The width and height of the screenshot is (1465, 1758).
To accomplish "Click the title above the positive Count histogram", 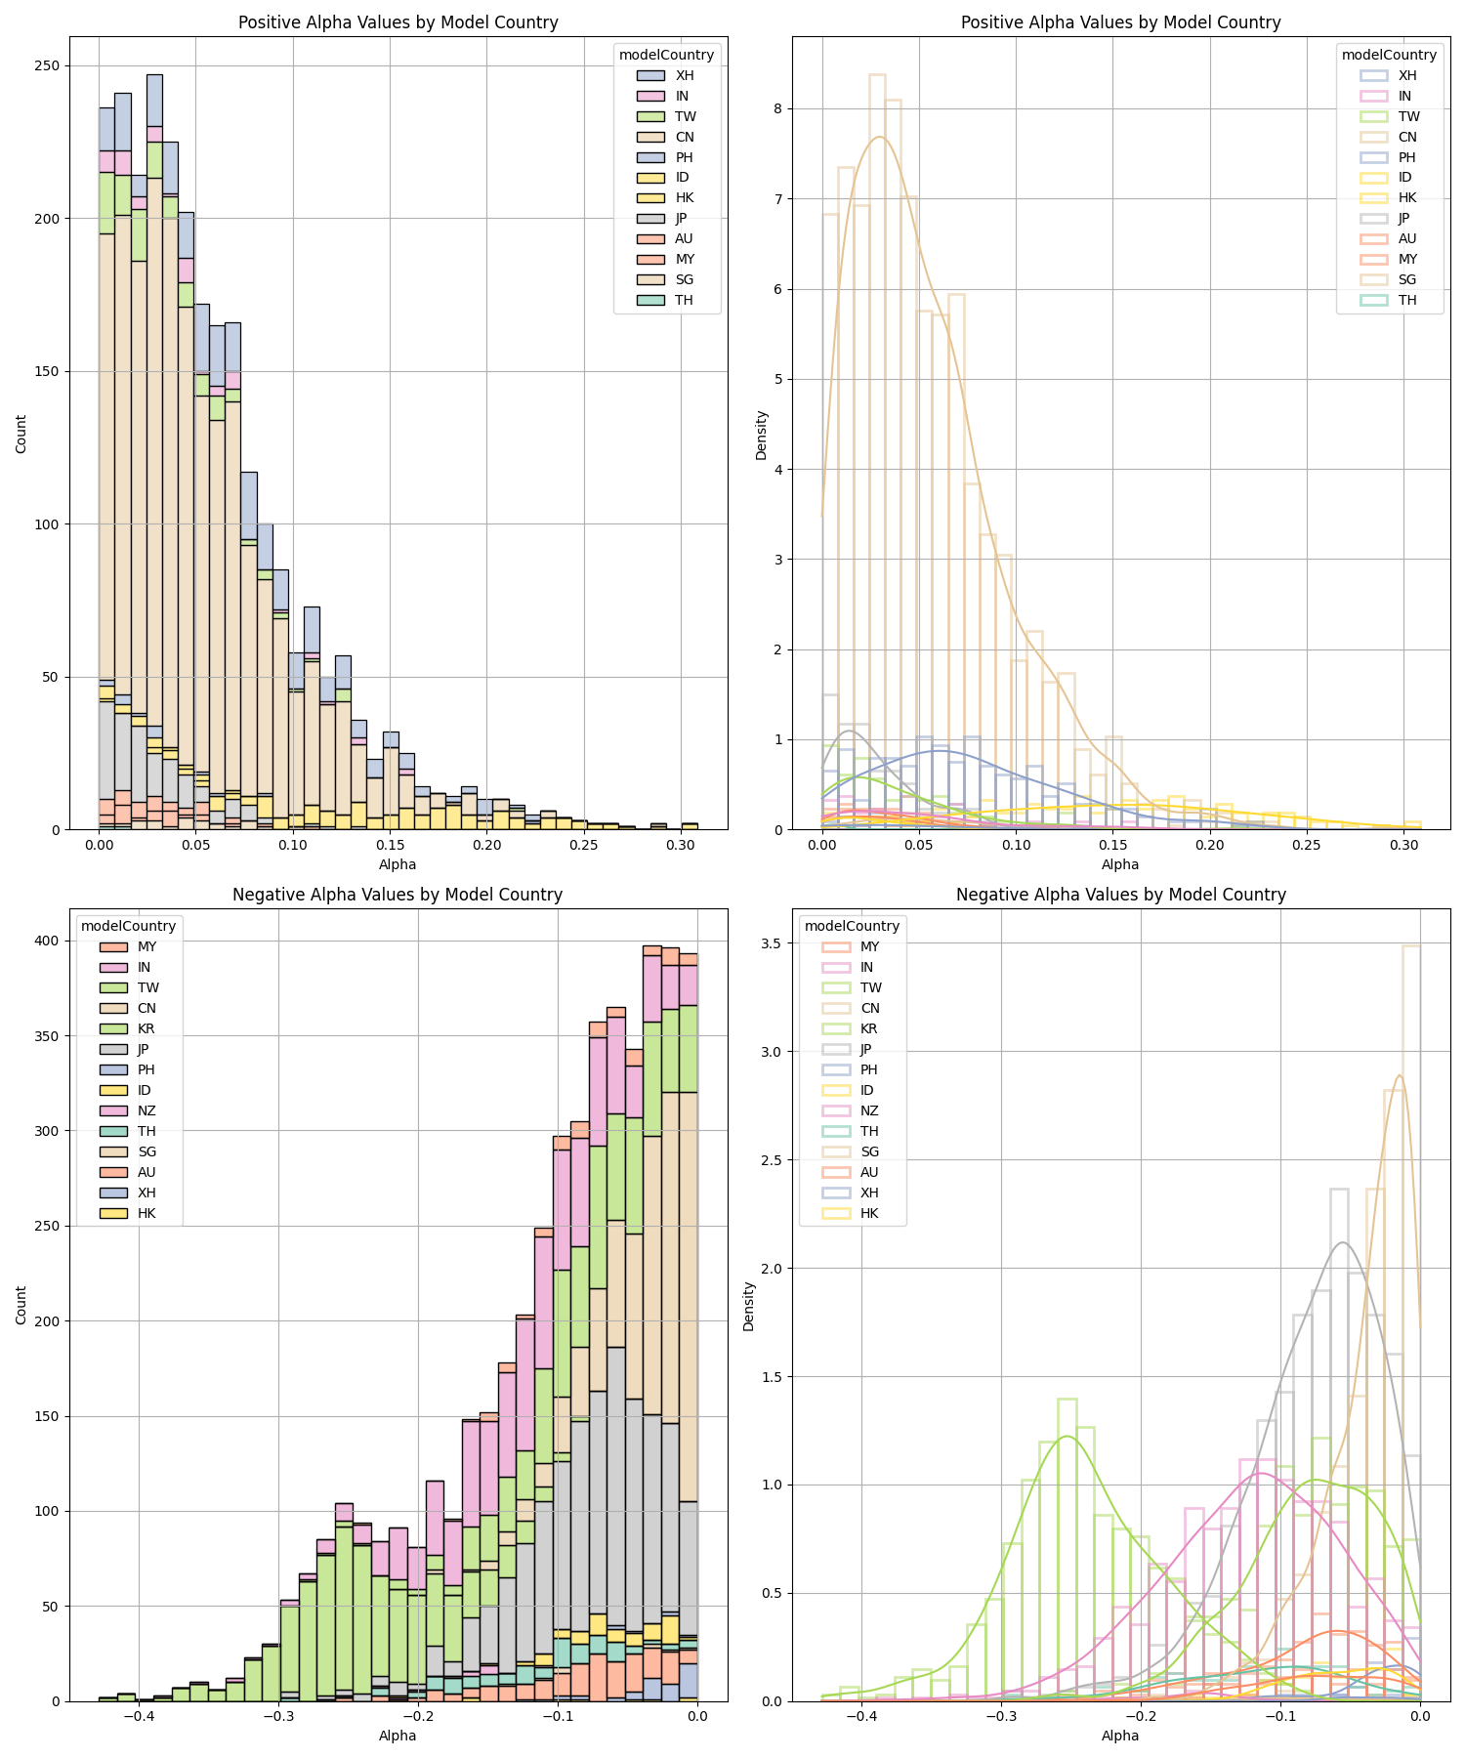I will coord(398,22).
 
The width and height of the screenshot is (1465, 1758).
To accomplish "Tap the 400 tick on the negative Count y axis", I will coord(47,941).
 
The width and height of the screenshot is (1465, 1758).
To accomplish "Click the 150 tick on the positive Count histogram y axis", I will coord(47,371).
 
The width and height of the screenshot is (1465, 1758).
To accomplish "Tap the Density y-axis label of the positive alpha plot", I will coord(762,435).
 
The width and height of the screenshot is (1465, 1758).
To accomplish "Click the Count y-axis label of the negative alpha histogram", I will coord(21,1306).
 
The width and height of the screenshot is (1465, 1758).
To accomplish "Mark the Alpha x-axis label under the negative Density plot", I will coord(1120,1736).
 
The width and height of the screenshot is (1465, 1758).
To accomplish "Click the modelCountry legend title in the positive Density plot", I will coord(1389,55).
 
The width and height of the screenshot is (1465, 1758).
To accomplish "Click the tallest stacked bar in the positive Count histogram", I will coord(154,449).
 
